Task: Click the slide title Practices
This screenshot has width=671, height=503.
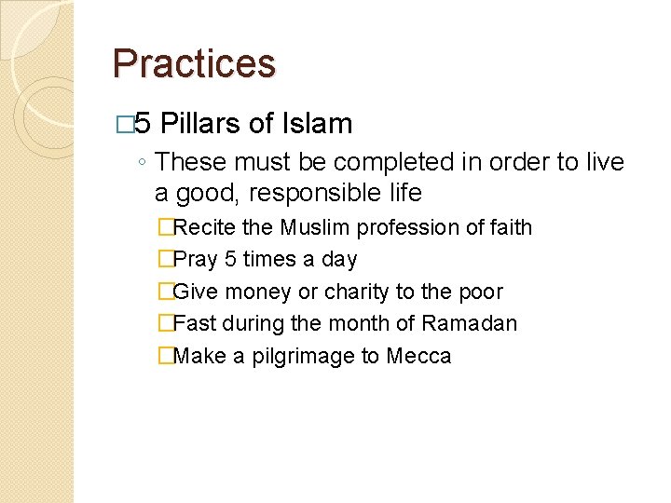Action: (x=194, y=64)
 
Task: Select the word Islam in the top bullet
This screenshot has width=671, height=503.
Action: (x=316, y=124)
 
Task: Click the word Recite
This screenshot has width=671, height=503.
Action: (x=205, y=227)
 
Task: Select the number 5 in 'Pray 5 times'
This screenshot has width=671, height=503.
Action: (x=230, y=260)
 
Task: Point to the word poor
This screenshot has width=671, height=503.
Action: (x=480, y=292)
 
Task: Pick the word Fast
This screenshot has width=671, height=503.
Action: (x=194, y=324)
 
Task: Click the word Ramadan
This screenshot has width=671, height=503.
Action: (x=469, y=324)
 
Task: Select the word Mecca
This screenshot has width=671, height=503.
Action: (x=418, y=356)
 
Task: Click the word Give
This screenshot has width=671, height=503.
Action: (x=194, y=292)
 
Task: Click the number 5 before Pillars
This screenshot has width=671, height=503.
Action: (x=144, y=124)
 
